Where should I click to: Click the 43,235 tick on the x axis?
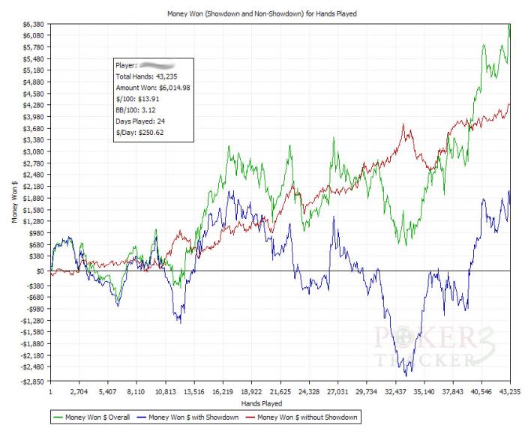(508, 391)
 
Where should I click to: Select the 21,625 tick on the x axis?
(280, 391)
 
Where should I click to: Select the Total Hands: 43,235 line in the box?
(145, 76)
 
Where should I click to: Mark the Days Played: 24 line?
(139, 121)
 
